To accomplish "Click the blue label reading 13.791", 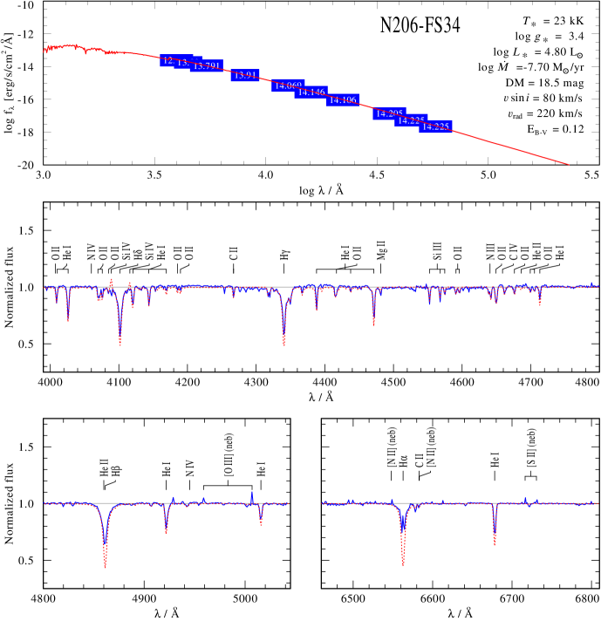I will [x=207, y=66].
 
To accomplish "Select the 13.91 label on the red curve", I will [x=245, y=76].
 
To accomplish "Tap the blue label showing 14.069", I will [x=287, y=85].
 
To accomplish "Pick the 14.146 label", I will [x=311, y=92].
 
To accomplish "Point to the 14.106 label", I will [x=343, y=100].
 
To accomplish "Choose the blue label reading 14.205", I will [x=389, y=114].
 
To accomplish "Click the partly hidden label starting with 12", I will [x=167, y=61].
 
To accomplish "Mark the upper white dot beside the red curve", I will [x=504, y=107].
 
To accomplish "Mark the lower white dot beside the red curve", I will [x=508, y=123].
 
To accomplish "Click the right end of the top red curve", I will [x=570, y=164].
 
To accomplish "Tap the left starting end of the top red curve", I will [x=44, y=51].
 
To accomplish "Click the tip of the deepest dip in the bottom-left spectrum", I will [x=106, y=567].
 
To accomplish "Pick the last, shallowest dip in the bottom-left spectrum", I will [x=261, y=525].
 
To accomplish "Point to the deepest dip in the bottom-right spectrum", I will [x=403, y=564].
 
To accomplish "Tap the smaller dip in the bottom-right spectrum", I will [x=495, y=545].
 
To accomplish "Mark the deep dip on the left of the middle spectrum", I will [x=120, y=345].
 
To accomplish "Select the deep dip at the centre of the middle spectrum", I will [x=284, y=345].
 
